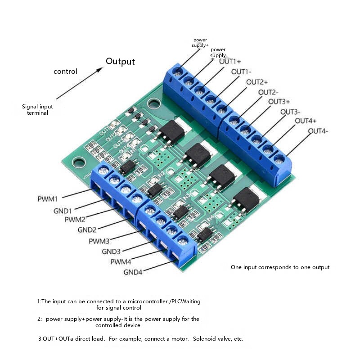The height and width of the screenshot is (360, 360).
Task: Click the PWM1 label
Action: [47, 198]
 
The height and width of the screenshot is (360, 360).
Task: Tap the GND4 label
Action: [133, 272]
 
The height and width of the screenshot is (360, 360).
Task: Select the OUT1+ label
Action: [230, 61]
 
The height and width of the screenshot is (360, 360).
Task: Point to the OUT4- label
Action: [318, 131]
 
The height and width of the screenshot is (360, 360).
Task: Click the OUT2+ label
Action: [257, 82]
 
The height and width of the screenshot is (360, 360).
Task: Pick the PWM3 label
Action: [99, 241]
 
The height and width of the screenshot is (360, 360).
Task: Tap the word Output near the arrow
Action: [120, 61]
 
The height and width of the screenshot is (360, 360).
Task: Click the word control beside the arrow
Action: [65, 71]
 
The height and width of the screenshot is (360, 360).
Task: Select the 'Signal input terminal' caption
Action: [37, 110]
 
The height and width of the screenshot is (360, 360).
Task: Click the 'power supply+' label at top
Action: [200, 43]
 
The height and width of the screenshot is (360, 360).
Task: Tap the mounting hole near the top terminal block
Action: [154, 103]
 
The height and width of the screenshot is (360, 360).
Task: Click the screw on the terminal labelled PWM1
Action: [103, 170]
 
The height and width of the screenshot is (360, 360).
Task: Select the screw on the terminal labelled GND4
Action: [182, 240]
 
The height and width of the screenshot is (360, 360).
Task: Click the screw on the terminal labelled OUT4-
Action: [279, 159]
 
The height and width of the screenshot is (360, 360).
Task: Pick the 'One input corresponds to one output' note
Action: [280, 267]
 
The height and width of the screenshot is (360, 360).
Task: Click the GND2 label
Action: [87, 229]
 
